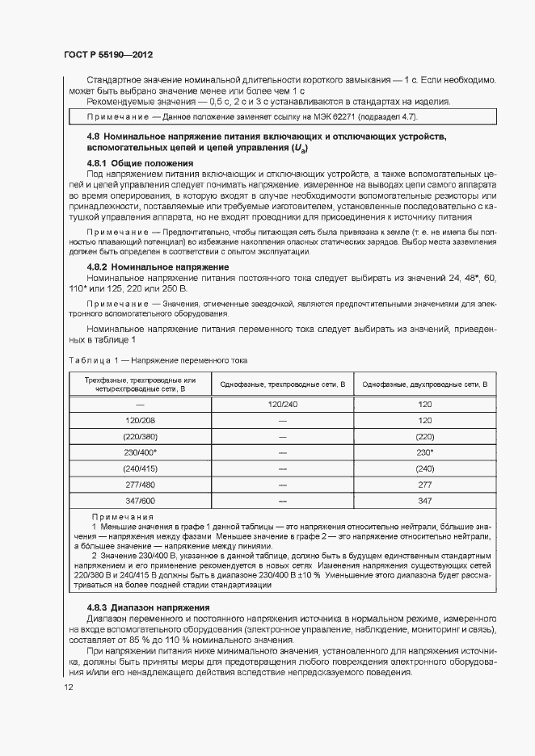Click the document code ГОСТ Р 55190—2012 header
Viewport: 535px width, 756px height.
coord(107,54)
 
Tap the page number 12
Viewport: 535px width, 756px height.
coord(69,687)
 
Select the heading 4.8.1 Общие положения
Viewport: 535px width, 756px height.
coord(135,163)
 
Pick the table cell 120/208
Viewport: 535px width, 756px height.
coord(140,420)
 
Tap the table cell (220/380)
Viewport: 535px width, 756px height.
coord(140,436)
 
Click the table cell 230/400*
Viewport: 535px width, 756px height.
coord(140,452)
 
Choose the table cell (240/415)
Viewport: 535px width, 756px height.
coord(140,468)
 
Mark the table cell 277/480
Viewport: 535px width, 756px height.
coord(140,485)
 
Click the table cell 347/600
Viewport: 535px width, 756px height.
coord(140,501)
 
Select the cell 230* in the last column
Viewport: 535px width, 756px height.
coord(425,452)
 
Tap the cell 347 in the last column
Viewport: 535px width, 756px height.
coord(425,501)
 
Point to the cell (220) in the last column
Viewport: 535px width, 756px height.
coord(425,436)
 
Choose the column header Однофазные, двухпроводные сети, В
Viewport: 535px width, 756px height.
coord(425,384)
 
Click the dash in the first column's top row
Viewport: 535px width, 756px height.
coord(140,403)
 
